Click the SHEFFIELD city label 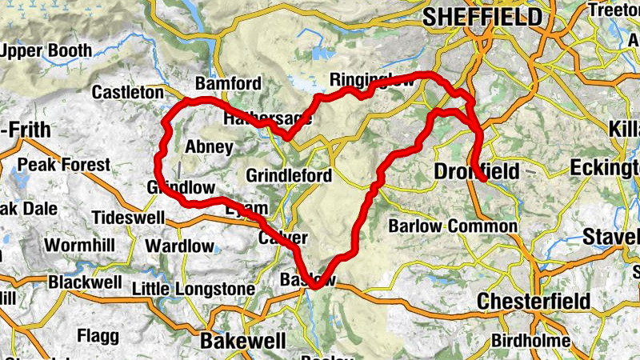coord(482,16)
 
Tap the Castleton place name coord(127,93)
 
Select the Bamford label coord(228,84)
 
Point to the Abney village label coord(209,147)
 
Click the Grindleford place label coord(289,175)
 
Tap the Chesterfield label coord(534,302)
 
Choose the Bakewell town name coord(242,341)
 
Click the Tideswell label coord(128,218)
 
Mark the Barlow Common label coord(453,226)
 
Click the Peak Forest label coord(64,165)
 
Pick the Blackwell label coord(85,282)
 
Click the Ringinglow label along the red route coord(373,81)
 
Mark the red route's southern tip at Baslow coord(316,286)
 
